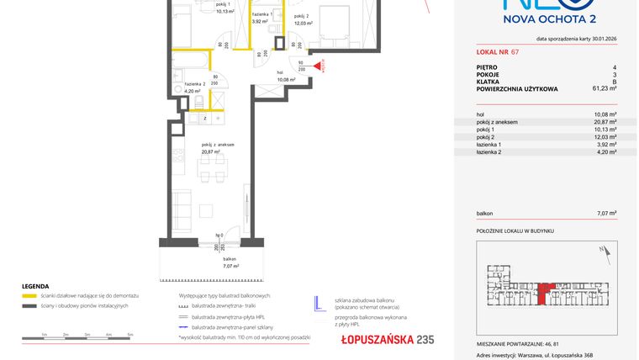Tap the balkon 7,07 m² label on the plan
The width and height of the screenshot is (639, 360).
point(229,262)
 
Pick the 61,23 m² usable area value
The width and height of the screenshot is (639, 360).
point(603,87)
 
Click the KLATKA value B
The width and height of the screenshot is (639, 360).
point(615,81)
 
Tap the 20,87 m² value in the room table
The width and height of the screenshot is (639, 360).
point(605,123)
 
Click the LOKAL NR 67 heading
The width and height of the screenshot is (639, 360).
point(497,52)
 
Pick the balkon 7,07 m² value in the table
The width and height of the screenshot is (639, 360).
point(605,214)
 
